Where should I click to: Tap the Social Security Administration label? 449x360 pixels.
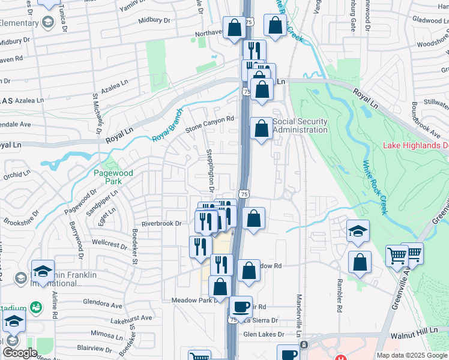[300, 125]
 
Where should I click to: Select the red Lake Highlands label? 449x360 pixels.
[416, 146]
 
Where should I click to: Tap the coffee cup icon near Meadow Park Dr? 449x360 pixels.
[241, 307]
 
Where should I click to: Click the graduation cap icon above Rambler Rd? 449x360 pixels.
[358, 231]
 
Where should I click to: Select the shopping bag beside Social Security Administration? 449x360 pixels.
[261, 128]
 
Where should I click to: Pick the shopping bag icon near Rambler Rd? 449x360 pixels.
[359, 263]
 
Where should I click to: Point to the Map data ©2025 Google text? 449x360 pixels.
[411, 355]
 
